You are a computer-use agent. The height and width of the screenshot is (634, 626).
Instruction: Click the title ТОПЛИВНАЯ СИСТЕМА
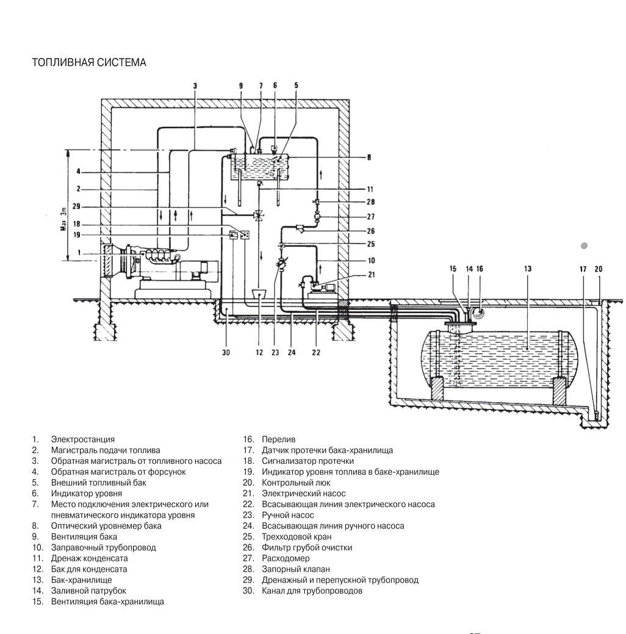89,62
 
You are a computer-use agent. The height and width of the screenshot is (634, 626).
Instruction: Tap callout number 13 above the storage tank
527,269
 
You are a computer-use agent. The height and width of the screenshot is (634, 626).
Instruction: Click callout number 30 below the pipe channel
226,353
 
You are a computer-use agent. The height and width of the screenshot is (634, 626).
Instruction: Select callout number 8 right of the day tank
369,157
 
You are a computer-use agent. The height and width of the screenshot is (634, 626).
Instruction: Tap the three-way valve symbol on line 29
258,215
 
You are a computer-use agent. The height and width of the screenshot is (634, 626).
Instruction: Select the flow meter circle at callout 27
317,217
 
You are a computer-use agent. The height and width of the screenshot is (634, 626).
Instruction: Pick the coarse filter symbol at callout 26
301,228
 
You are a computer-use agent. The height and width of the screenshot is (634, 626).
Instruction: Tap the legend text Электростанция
82,439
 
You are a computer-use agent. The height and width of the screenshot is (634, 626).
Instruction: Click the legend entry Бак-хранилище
81,580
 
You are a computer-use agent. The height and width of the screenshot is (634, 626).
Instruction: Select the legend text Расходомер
286,558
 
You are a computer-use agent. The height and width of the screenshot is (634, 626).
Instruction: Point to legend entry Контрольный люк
296,483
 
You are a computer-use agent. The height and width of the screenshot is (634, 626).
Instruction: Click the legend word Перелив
279,439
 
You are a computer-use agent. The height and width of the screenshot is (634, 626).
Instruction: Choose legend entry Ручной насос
288,515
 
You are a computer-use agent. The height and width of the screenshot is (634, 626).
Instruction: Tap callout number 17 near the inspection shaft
583,269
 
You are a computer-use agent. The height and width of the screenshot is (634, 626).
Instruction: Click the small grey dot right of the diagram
584,245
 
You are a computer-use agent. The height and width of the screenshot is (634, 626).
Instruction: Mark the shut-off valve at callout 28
316,201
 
